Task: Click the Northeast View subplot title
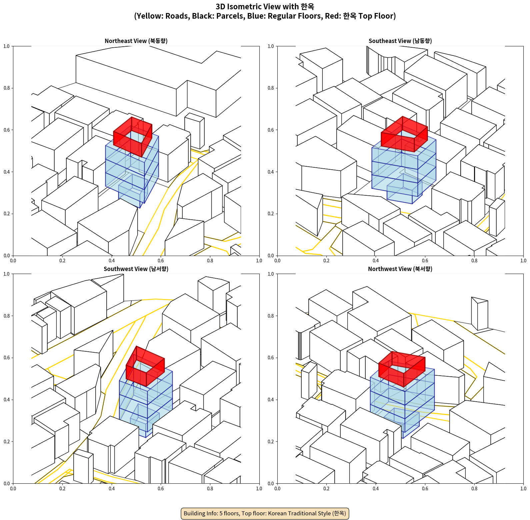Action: pos(136,41)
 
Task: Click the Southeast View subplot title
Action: pos(400,41)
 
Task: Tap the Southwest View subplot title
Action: pos(136,269)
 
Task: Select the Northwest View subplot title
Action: pos(400,269)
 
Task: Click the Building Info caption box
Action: pos(265,513)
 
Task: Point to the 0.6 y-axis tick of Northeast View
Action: pos(7,130)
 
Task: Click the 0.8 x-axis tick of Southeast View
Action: pos(474,261)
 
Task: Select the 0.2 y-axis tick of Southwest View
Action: pos(7,442)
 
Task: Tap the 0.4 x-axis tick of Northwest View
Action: pos(376,489)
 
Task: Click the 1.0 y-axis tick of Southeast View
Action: pos(271,46)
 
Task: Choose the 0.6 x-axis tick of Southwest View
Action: pos(161,489)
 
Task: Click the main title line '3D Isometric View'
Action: pos(265,7)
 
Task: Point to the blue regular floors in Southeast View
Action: pos(404,170)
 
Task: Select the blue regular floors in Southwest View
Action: pos(146,403)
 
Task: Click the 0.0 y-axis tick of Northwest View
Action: pos(271,483)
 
